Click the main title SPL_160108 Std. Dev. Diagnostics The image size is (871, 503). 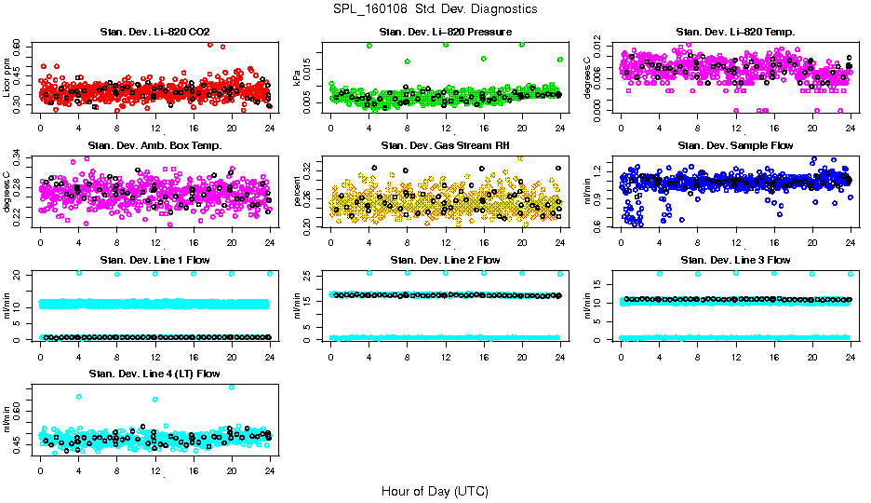coord(435,9)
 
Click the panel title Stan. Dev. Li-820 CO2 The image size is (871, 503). coord(154,34)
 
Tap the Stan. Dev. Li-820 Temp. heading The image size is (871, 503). coord(735,34)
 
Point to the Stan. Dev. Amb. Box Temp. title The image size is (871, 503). coord(154,146)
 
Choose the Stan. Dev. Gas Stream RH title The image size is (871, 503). coord(445,146)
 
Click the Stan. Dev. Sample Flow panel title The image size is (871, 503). coord(735,146)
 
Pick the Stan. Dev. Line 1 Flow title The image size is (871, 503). coord(154,260)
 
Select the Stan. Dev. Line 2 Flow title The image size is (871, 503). coord(445,260)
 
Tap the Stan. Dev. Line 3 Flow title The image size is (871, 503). coord(735,260)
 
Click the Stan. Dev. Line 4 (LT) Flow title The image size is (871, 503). coord(154,374)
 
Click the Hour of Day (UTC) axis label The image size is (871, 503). coord(435,490)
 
